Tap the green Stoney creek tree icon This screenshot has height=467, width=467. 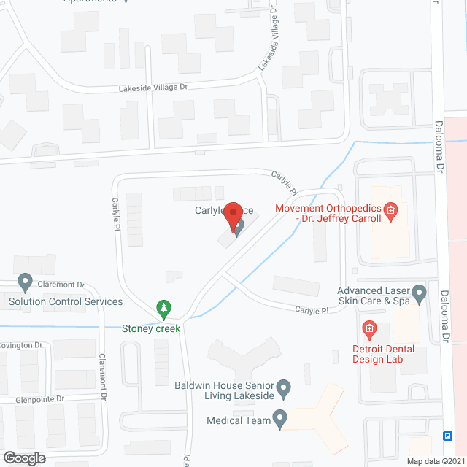pos(166,309)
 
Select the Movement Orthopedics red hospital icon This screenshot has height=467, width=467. pos(390,212)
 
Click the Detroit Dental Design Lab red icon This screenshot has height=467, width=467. pos(369,330)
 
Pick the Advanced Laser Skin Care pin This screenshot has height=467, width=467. pos(419,295)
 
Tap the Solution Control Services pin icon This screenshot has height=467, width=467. pos(26,282)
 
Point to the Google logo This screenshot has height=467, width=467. pos(23,458)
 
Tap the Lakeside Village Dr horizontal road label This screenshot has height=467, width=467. pos(155,88)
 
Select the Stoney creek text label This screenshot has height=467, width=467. pos(151,328)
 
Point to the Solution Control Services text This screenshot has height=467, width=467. pos(66,301)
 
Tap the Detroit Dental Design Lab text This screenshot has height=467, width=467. pos(383,355)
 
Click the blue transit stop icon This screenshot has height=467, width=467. pos(447,436)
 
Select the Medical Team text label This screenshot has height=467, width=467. pos(238,420)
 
